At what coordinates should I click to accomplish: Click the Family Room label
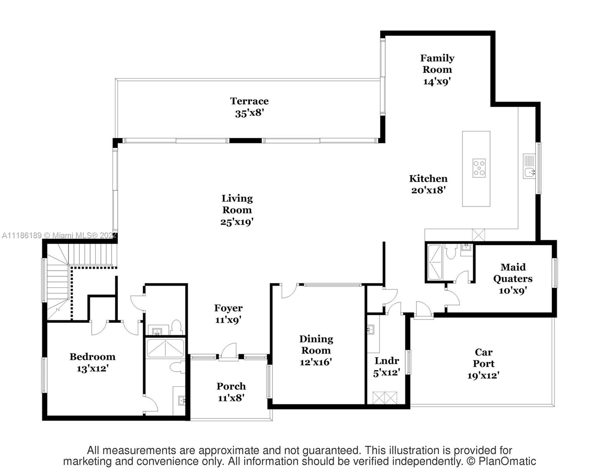(x=437, y=64)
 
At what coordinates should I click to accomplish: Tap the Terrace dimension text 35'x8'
(x=249, y=113)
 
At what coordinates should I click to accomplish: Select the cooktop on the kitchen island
(x=479, y=168)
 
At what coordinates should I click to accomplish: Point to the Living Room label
(x=237, y=204)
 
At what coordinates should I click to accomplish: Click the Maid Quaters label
(x=513, y=273)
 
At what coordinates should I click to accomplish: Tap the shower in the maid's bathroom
(x=435, y=262)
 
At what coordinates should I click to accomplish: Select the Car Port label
(x=483, y=358)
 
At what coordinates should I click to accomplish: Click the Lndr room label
(x=387, y=361)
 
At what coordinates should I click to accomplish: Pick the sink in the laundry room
(x=370, y=329)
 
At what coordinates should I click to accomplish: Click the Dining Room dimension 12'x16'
(x=316, y=362)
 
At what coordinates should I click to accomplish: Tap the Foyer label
(x=228, y=308)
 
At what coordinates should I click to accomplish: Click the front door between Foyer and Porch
(x=228, y=351)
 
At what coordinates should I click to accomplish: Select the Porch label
(x=231, y=386)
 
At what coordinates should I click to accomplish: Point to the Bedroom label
(x=92, y=357)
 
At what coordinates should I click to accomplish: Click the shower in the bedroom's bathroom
(x=165, y=348)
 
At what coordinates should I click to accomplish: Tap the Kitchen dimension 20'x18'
(x=428, y=190)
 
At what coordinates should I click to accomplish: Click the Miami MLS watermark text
(x=59, y=235)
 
